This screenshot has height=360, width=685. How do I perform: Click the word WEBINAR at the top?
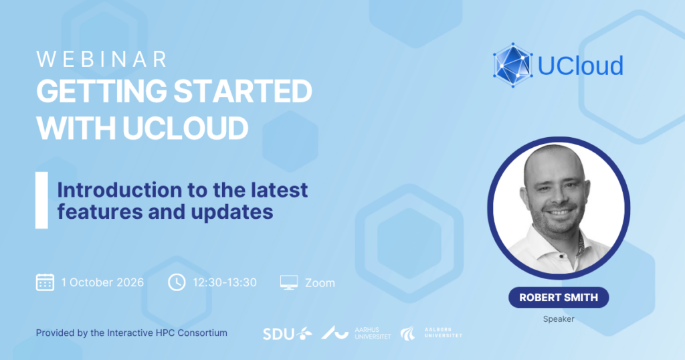(x=102, y=60)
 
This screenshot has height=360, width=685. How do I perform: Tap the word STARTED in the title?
(x=243, y=91)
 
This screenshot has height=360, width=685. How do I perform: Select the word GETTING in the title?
(x=102, y=91)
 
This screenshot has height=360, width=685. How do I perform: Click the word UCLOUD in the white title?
(x=185, y=128)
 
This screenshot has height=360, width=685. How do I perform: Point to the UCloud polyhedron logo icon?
(x=513, y=65)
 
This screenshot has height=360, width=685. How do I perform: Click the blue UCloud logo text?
(x=580, y=66)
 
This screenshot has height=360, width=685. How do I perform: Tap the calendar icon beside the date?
(x=45, y=282)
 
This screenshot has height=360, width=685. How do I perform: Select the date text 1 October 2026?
(x=102, y=282)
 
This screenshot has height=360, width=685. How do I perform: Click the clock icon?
(x=177, y=282)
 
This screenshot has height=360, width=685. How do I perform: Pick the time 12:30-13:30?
(x=225, y=282)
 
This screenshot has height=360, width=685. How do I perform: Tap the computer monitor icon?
(x=289, y=282)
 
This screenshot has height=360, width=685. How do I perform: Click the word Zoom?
(x=320, y=283)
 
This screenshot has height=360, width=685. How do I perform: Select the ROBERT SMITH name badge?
(x=559, y=298)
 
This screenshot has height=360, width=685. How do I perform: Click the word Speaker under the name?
(x=559, y=319)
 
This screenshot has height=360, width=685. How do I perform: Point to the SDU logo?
(x=288, y=334)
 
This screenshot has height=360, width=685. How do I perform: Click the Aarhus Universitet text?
(x=373, y=333)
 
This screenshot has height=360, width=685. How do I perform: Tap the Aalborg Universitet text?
(x=443, y=333)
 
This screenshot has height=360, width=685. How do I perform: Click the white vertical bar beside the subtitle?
(x=41, y=200)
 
